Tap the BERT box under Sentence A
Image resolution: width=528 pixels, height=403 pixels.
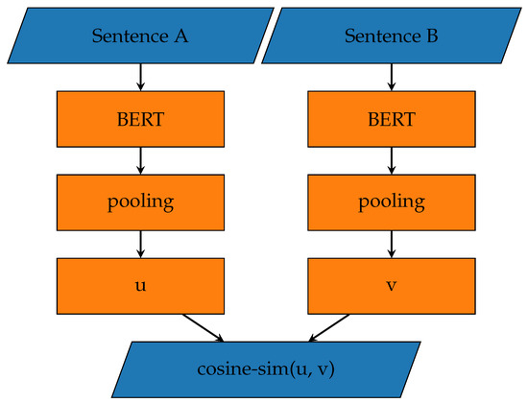pos(141,120)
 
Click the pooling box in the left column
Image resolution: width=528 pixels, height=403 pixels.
pos(141,202)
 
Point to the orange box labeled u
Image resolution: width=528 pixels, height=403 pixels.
pos(141,285)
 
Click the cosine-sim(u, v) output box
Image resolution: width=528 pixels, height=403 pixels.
pos(264,367)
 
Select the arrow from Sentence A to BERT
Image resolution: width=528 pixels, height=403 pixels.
pos(141,78)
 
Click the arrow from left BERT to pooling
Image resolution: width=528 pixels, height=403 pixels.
pos(141,160)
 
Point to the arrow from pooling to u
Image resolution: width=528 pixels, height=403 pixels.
pos(141,244)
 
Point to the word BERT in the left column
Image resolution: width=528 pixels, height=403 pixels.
pos(141,120)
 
